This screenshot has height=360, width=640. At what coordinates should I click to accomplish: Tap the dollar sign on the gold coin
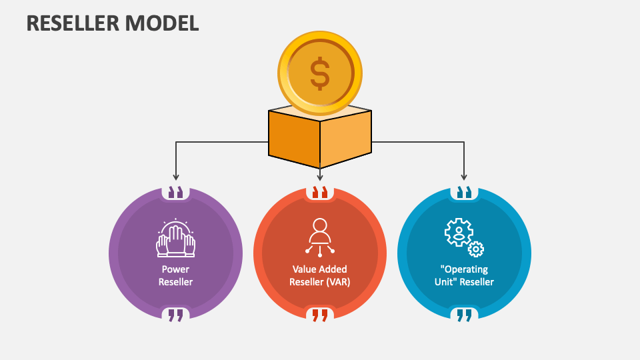(x=320, y=73)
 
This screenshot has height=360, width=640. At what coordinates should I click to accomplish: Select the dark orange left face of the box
(x=294, y=139)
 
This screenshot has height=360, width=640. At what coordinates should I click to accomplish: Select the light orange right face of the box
(x=345, y=139)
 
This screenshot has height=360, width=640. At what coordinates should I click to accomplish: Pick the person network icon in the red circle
(x=320, y=237)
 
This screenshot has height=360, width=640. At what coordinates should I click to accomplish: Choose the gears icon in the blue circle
(x=464, y=237)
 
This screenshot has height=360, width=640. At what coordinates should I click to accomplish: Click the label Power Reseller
(x=175, y=275)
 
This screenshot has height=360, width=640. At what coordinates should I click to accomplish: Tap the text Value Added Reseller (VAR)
(x=320, y=275)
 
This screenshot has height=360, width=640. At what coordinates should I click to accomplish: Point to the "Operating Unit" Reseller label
(x=464, y=275)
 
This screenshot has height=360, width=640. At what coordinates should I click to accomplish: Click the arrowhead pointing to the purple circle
(x=175, y=177)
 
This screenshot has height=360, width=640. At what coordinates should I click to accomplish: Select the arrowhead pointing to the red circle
(x=320, y=177)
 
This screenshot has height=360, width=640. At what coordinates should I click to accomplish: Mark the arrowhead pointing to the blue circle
(x=464, y=177)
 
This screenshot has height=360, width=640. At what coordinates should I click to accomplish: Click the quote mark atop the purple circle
(x=175, y=193)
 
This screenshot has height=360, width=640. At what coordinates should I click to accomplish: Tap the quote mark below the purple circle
(x=175, y=315)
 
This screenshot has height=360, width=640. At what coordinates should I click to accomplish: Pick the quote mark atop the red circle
(x=320, y=193)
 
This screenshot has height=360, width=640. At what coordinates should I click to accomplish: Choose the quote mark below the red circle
(x=320, y=315)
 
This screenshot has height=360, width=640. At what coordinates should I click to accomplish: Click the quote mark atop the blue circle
(x=464, y=193)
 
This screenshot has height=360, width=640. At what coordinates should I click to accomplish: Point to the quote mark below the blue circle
(x=464, y=315)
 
